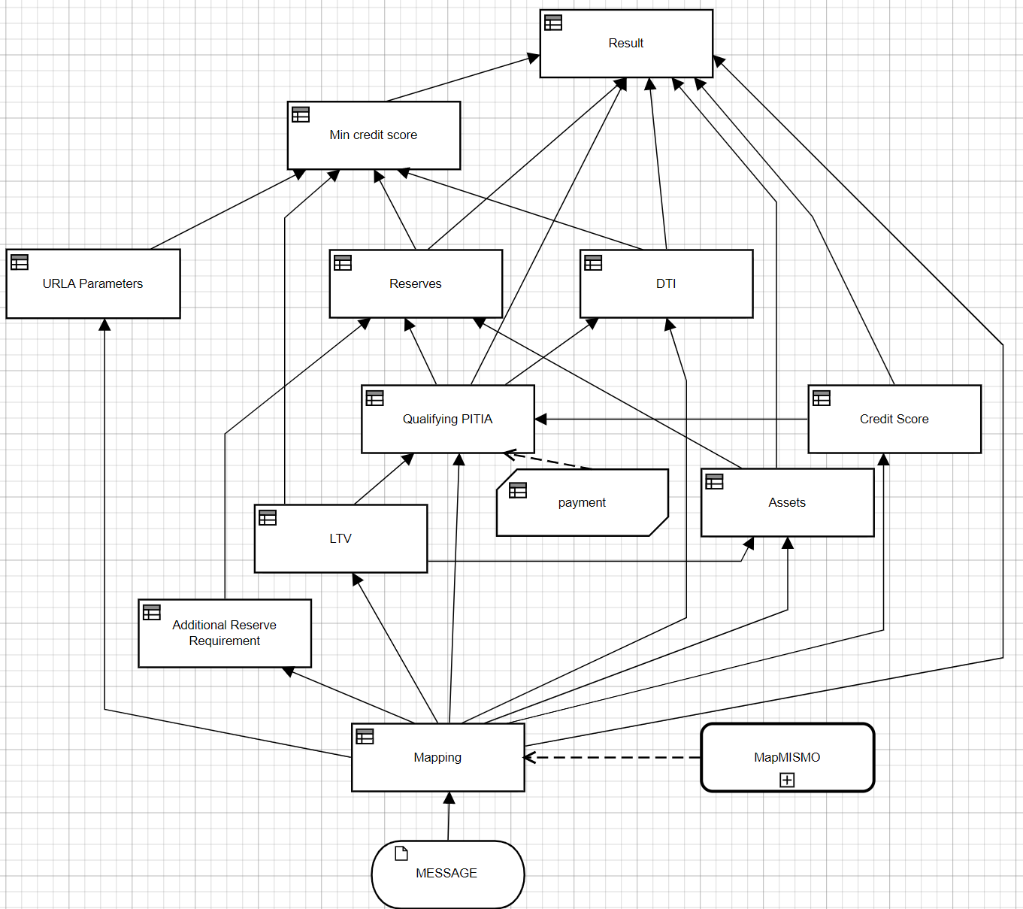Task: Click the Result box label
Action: coord(626,44)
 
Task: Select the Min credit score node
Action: coord(374,135)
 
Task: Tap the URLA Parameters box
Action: coord(92,283)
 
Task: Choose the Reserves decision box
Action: coord(416,283)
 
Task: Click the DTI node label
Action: coord(666,283)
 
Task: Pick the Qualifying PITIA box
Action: coord(447,419)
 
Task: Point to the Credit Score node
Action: coord(894,419)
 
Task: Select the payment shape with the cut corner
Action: coord(583,502)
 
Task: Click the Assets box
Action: coord(787,502)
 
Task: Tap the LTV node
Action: coord(340,538)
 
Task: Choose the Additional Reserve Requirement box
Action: coord(224,633)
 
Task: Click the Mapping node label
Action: coord(437,757)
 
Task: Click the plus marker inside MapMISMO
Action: coord(787,780)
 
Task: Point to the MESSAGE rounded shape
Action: coord(447,874)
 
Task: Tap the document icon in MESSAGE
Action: coord(401,853)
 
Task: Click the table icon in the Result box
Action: coord(553,23)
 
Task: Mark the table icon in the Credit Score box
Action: coord(822,398)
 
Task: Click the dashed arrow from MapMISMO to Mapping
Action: coord(613,757)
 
